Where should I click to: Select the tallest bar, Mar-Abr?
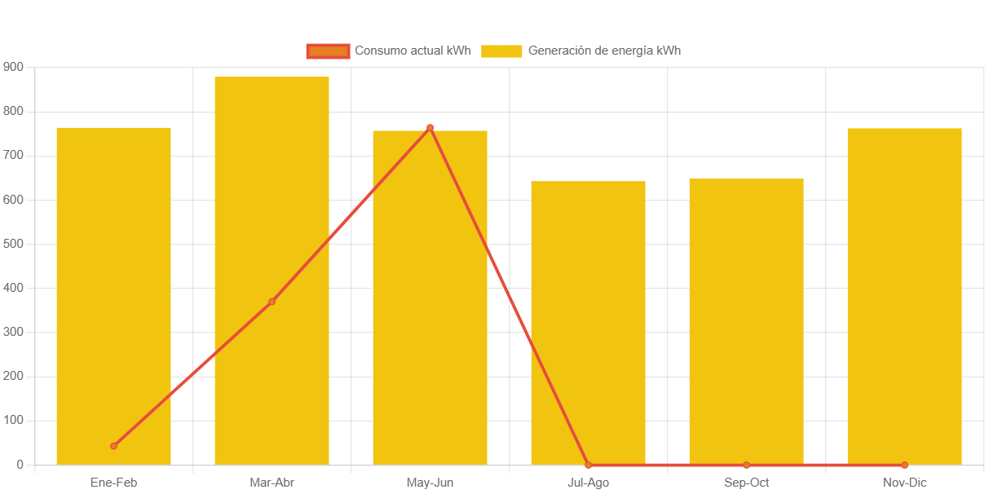click(x=272, y=270)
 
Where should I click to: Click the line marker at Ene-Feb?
click(x=113, y=446)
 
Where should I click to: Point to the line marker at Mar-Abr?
click(x=272, y=302)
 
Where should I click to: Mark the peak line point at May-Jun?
click(x=430, y=128)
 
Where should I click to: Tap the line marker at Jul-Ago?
click(x=588, y=465)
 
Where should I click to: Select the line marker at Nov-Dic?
click(x=904, y=465)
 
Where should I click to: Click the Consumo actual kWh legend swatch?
click(x=328, y=51)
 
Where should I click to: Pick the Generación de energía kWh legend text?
click(x=604, y=51)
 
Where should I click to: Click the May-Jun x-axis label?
click(x=430, y=483)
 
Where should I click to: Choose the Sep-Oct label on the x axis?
click(x=746, y=483)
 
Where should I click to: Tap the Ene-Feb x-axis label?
click(x=113, y=483)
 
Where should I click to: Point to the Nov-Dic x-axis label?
click(x=904, y=483)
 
